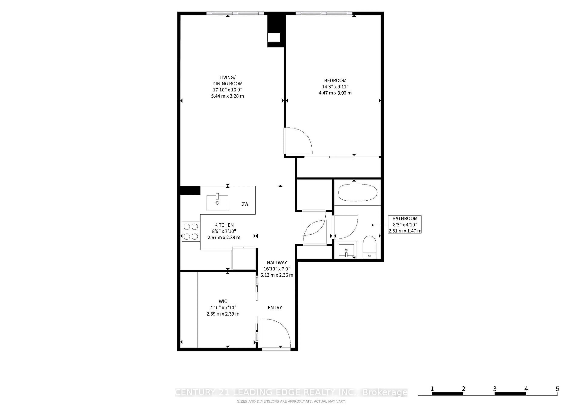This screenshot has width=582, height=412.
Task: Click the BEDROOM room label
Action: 335,80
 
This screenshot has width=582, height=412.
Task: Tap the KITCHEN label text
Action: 224,225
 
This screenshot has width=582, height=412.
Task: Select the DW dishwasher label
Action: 245,204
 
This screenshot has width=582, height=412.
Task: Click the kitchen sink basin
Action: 217,203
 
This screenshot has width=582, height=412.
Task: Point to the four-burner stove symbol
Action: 191,231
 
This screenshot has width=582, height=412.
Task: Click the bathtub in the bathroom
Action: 358,192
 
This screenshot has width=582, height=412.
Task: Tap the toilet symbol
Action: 369,247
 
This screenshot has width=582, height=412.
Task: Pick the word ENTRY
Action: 275,308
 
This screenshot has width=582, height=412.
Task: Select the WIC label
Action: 223,301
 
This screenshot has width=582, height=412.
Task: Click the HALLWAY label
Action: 277,263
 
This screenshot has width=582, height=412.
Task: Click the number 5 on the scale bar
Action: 557,389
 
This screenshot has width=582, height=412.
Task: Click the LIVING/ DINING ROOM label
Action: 227,80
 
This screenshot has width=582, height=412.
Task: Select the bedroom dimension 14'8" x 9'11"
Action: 335,87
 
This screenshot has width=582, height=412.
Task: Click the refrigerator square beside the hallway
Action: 244,258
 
